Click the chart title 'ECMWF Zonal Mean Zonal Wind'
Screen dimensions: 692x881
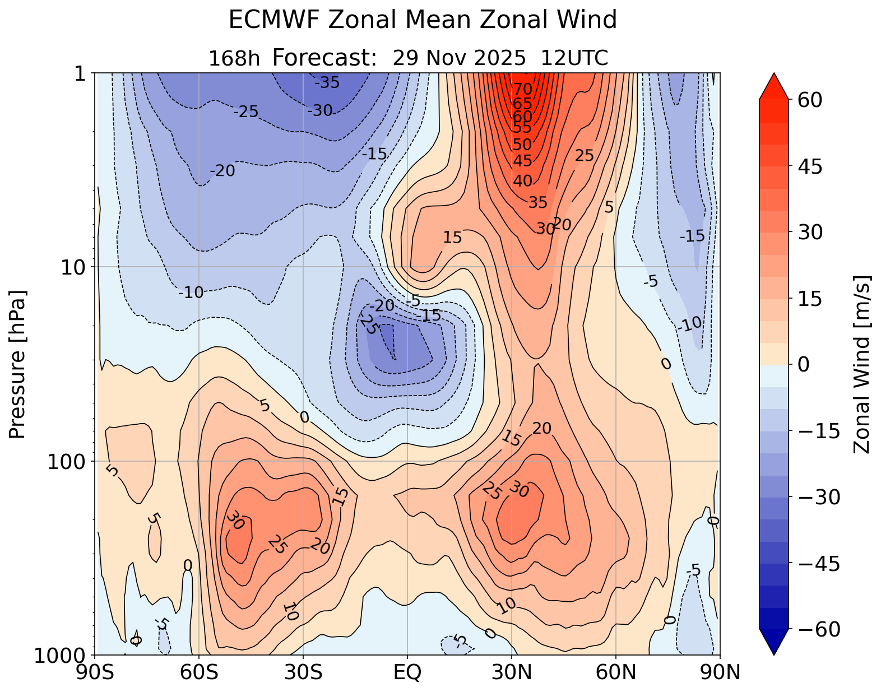click(x=423, y=21)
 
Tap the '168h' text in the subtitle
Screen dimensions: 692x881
click(x=234, y=58)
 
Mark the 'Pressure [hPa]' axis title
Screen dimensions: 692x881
click(x=18, y=364)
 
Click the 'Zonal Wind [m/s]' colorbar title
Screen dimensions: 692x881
click(x=861, y=364)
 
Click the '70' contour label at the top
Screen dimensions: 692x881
click(x=522, y=89)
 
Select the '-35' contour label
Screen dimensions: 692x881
click(x=327, y=83)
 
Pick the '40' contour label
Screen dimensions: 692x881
click(x=522, y=181)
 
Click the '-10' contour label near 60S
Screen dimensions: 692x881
click(x=191, y=292)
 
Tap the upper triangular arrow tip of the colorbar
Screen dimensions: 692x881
click(x=774, y=78)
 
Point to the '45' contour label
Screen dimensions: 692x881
click(x=522, y=161)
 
